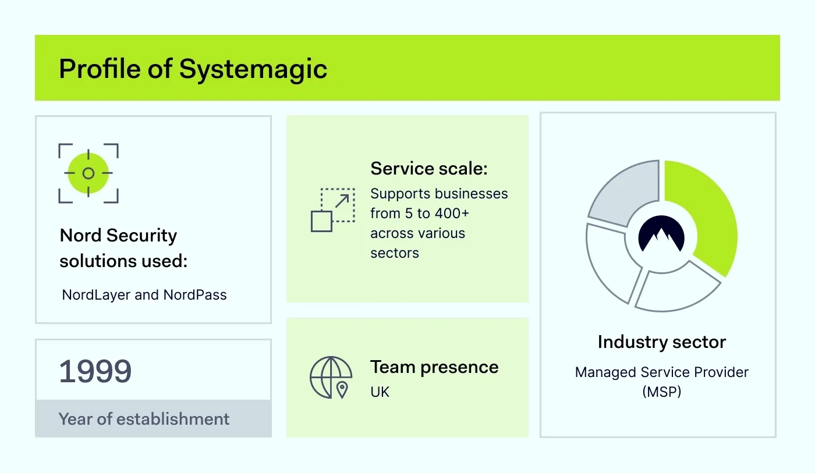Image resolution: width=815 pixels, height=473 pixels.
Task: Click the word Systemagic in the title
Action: click(x=253, y=69)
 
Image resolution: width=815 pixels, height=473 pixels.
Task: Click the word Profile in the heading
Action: click(x=100, y=69)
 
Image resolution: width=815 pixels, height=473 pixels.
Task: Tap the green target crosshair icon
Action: click(x=88, y=173)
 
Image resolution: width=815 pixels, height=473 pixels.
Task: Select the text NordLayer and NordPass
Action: click(x=144, y=295)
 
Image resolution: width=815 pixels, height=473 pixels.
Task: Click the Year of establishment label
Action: click(x=144, y=419)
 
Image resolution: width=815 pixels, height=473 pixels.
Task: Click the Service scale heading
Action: click(x=428, y=169)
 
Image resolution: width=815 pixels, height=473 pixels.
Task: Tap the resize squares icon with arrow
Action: click(x=332, y=210)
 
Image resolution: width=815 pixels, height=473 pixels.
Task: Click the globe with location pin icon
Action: click(x=331, y=377)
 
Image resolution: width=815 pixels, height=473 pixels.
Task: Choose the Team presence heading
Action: click(x=434, y=367)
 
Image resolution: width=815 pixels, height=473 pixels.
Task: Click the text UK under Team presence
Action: click(x=380, y=392)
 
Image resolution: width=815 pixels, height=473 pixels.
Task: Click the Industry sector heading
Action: click(x=661, y=342)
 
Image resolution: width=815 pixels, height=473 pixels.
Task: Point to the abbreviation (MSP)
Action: click(x=661, y=392)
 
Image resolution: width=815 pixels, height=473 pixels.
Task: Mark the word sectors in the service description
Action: click(x=394, y=253)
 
